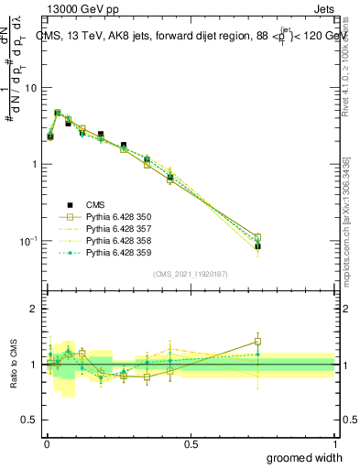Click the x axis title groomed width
coord(305,457)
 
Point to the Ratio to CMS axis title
coord(13,365)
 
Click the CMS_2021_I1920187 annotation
coord(191,273)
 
